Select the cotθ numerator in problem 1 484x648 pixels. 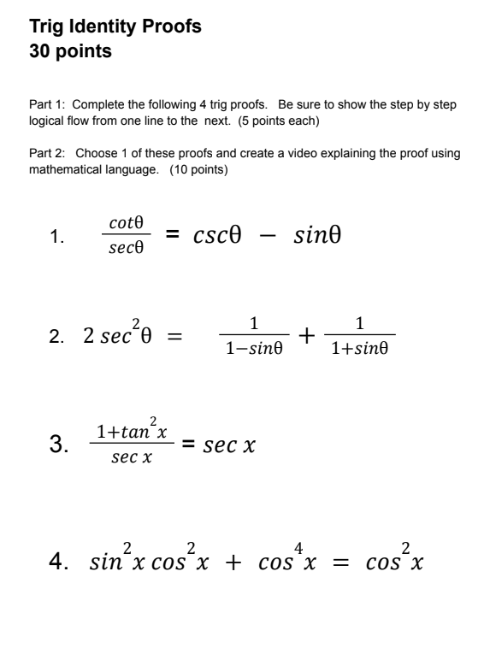126,223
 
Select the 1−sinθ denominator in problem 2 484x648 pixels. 252,350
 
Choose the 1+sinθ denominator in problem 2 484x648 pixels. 360,350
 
